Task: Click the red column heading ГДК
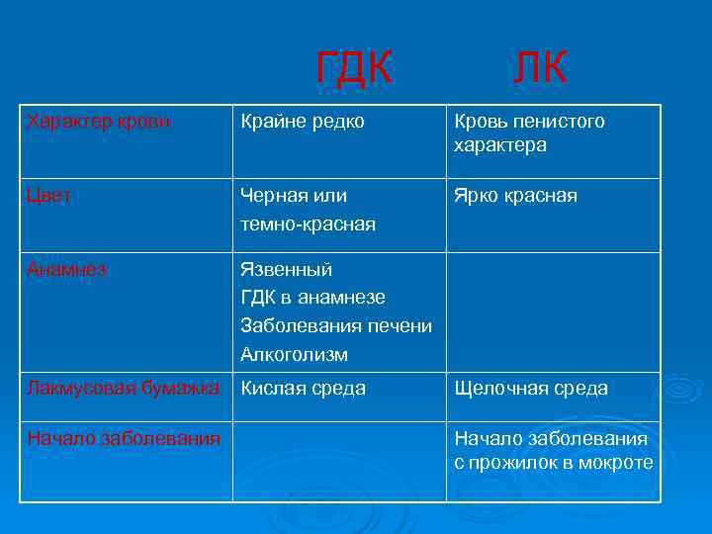pyautogui.click(x=353, y=68)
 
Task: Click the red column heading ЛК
pyautogui.click(x=539, y=68)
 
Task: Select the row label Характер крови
pyautogui.click(x=99, y=122)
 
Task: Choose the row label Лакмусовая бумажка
pyautogui.click(x=124, y=388)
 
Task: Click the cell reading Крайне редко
pyautogui.click(x=303, y=122)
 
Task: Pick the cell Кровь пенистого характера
pyautogui.click(x=529, y=133)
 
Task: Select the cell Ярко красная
pyautogui.click(x=515, y=196)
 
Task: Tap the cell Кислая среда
pyautogui.click(x=304, y=389)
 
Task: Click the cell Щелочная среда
pyautogui.click(x=531, y=389)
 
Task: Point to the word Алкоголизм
pyautogui.click(x=294, y=354)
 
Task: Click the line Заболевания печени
pyautogui.click(x=336, y=326)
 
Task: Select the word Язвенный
pyautogui.click(x=287, y=269)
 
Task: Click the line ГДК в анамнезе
pyautogui.click(x=312, y=298)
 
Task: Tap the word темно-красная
pyautogui.click(x=308, y=224)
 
